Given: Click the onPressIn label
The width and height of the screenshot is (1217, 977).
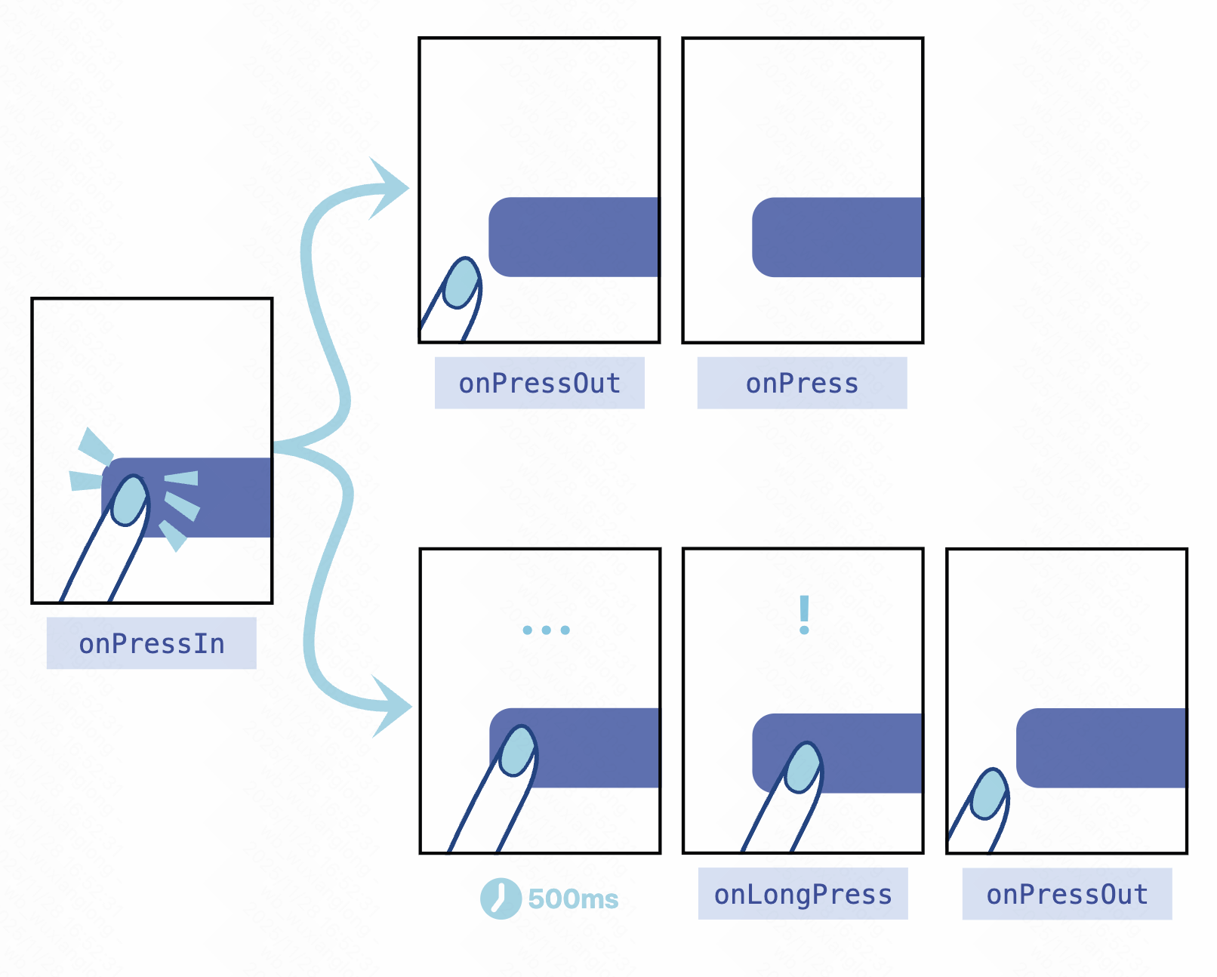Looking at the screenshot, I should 151,643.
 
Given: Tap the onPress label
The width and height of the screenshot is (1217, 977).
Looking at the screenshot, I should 802,384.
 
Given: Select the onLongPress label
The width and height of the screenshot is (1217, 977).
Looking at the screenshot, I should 803,894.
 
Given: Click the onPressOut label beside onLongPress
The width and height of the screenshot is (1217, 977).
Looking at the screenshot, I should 1067,894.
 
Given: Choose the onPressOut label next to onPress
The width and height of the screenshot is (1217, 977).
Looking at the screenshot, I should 539,384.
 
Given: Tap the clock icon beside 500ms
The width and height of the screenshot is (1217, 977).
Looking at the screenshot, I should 500,898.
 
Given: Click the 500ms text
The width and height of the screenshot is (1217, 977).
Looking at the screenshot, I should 573,899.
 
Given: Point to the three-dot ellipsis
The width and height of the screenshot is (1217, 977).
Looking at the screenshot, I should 546,630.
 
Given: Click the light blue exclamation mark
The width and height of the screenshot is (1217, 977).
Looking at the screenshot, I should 804,615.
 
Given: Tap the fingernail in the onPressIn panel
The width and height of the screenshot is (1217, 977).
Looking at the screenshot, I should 129,500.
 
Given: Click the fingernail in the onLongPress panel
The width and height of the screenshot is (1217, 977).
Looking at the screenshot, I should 803,767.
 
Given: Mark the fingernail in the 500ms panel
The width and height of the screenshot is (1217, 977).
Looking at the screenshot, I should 518,750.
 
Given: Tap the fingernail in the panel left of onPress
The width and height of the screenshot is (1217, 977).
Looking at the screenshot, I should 461,283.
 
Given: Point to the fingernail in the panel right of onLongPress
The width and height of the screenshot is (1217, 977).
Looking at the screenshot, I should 988,794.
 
